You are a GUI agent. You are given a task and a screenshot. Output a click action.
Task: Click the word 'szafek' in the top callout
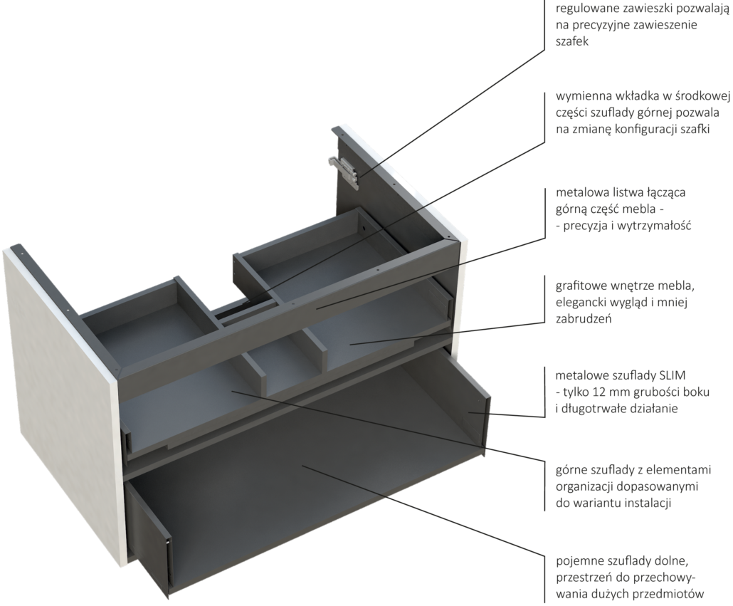point(572,41)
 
